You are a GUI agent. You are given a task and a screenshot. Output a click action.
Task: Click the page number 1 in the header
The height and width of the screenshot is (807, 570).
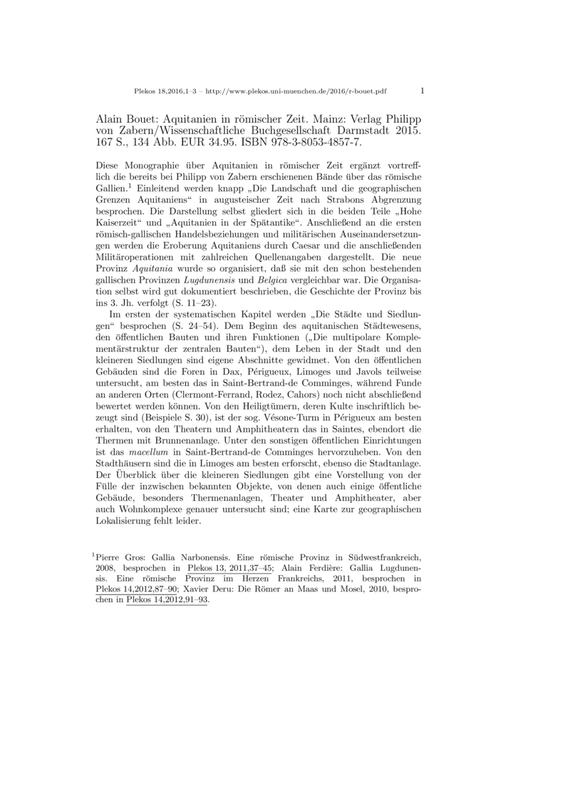423,91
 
